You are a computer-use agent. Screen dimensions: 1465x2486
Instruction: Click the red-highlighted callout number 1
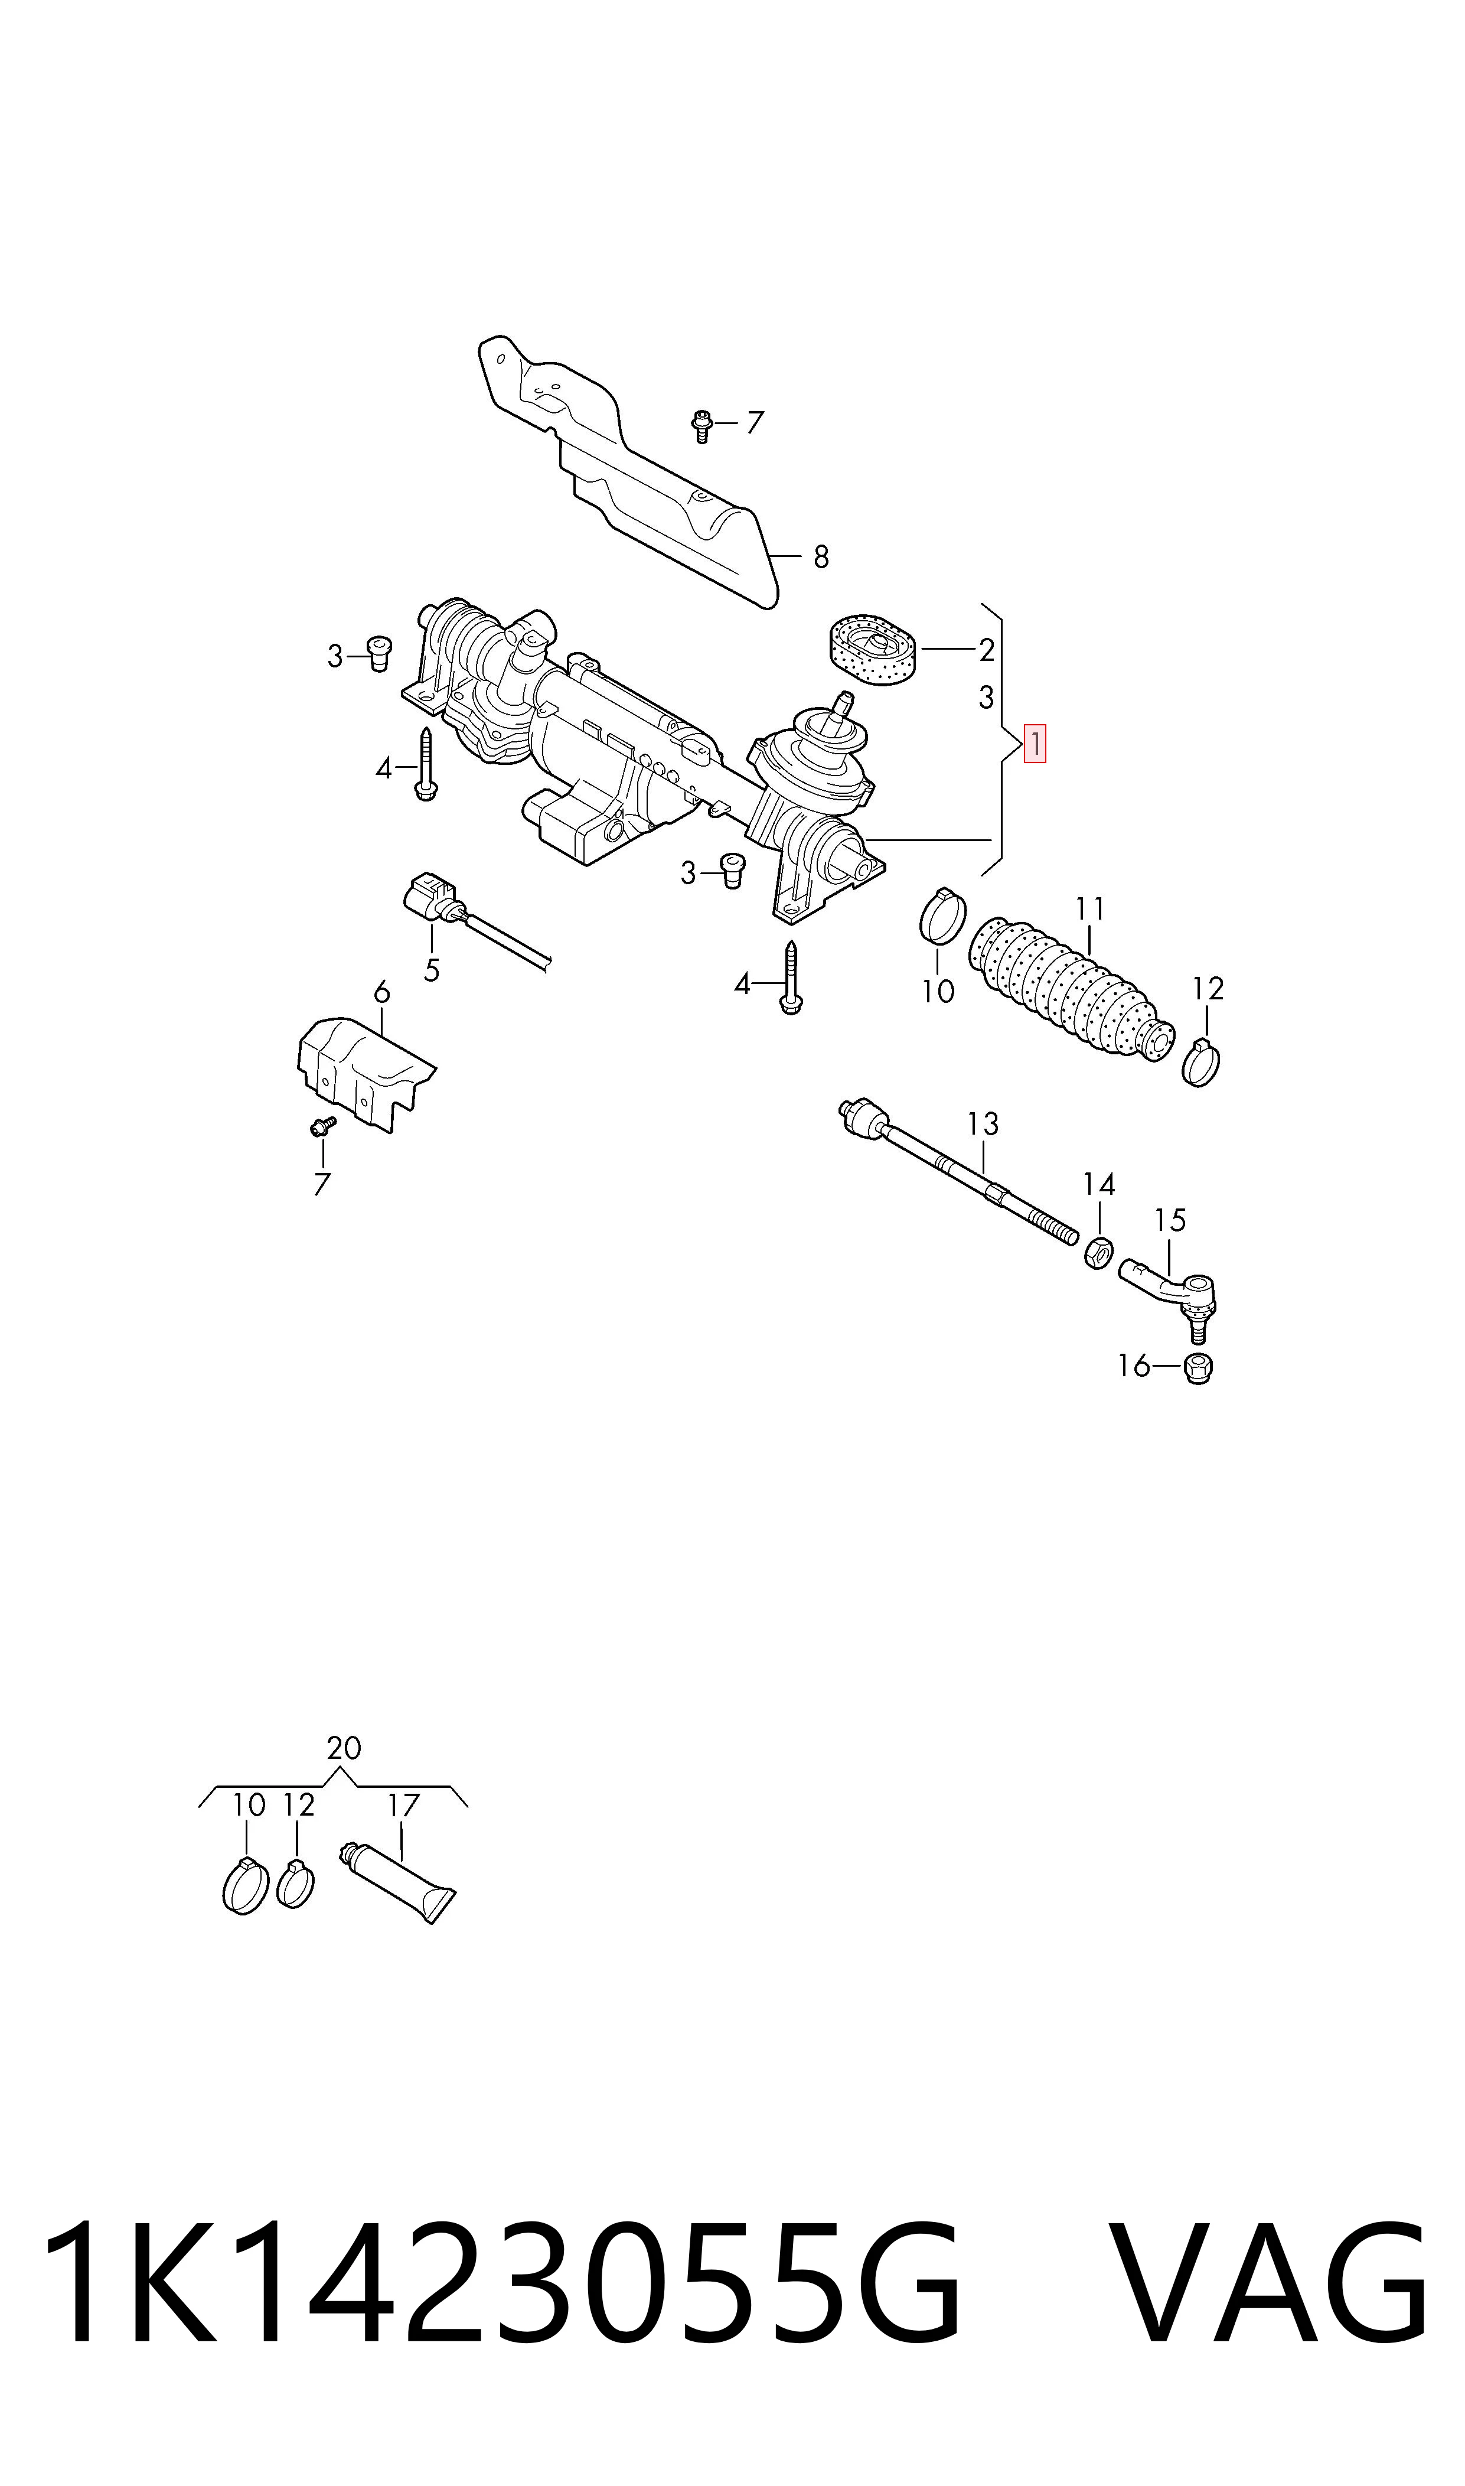pyautogui.click(x=1035, y=744)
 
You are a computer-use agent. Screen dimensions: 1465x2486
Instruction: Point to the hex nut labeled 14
pyautogui.click(x=1098, y=1252)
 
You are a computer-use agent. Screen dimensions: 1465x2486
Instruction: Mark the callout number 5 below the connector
pyautogui.click(x=432, y=970)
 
